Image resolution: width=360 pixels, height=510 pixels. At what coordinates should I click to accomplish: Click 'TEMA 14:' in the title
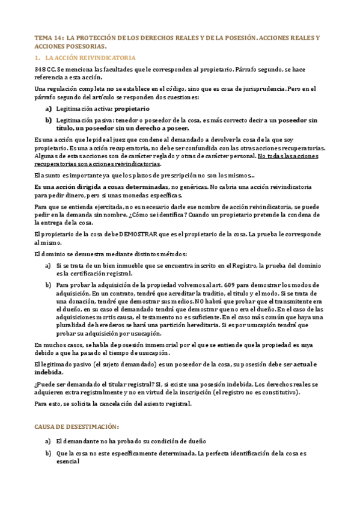click(x=48, y=37)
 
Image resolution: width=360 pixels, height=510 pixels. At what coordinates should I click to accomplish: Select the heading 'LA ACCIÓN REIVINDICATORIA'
click(x=90, y=58)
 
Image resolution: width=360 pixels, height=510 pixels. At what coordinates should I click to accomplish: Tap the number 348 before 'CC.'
click(x=41, y=70)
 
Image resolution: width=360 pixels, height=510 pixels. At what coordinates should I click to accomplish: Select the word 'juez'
click(x=118, y=140)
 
